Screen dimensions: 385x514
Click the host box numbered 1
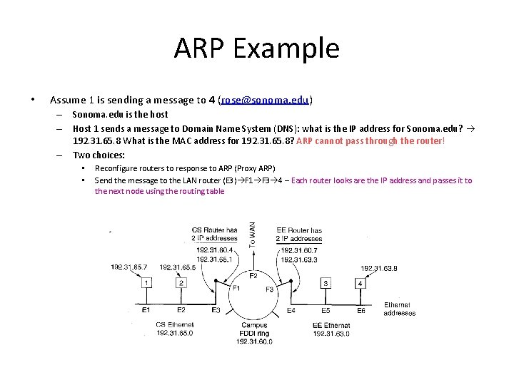[146, 283]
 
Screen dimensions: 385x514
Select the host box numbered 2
[181, 283]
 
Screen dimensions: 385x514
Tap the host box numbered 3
[326, 283]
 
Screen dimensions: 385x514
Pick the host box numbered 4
[361, 283]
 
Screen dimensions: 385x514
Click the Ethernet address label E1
[146, 310]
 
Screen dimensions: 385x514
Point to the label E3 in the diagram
[216, 310]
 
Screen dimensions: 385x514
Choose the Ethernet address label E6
[361, 310]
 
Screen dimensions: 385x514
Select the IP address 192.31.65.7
[129, 267]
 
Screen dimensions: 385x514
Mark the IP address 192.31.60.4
[212, 250]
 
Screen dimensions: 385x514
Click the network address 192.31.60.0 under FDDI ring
[254, 342]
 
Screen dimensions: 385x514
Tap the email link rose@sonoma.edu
[265, 100]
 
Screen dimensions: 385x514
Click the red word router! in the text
[429, 140]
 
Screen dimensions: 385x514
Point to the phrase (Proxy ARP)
[250, 168]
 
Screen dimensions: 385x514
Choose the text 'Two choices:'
[99, 154]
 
